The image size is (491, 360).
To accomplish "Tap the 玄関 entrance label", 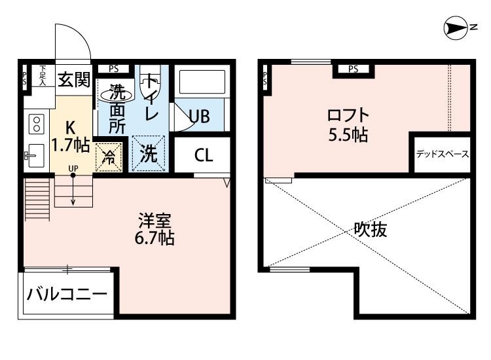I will (x=73, y=80).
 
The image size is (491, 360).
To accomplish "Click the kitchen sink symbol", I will (x=35, y=156).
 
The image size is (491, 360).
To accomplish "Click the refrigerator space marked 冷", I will (x=109, y=157).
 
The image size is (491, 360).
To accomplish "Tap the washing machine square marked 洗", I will (x=149, y=154).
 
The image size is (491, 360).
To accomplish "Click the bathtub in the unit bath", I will (x=201, y=83).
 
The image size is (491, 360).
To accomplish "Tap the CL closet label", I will (x=203, y=156).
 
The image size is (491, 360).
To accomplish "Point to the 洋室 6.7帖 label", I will (x=154, y=228).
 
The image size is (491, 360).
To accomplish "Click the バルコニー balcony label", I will (x=66, y=295).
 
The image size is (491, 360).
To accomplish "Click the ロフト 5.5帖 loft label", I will (x=348, y=126).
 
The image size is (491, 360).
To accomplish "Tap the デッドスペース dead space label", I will (x=442, y=155).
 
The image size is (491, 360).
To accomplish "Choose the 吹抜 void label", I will (x=369, y=230).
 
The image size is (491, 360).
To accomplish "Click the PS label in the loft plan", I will (x=354, y=69).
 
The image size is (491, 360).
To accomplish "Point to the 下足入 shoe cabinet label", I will (x=43, y=75).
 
